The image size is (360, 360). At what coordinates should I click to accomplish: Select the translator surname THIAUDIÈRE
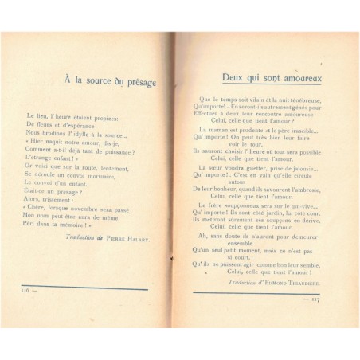coord(298,283)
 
